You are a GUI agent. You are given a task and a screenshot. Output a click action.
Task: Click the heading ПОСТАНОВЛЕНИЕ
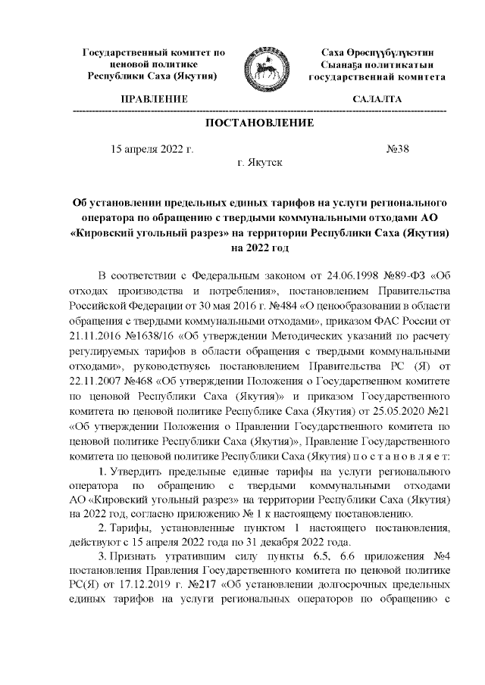click(x=258, y=124)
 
